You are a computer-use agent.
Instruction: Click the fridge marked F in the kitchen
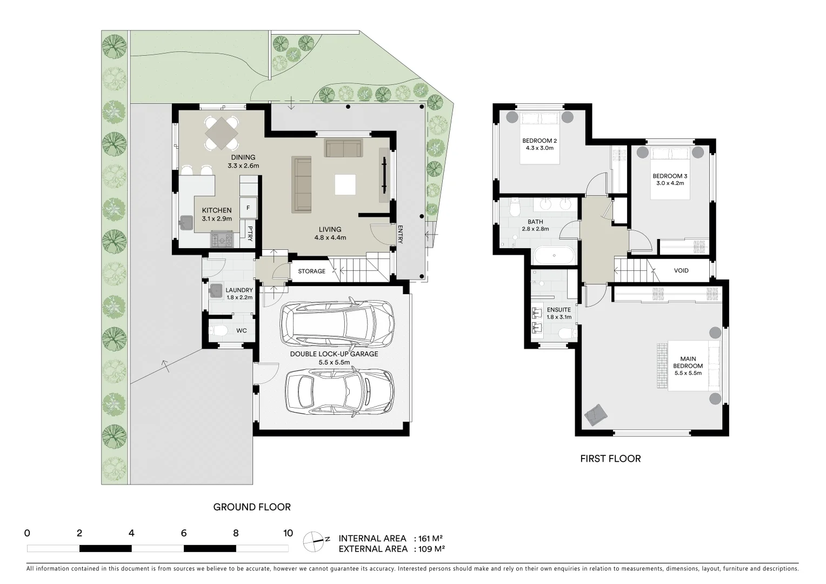pyautogui.click(x=248, y=208)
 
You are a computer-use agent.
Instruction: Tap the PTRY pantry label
pyautogui.click(x=250, y=234)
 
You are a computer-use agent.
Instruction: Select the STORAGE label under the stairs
pyautogui.click(x=311, y=271)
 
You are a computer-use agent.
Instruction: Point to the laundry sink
pyautogui.click(x=216, y=290)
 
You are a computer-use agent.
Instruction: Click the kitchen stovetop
pyautogui.click(x=222, y=240)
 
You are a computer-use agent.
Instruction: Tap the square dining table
pyautogui.click(x=221, y=133)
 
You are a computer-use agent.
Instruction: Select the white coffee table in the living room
pyautogui.click(x=345, y=184)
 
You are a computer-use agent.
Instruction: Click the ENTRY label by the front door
pyautogui.click(x=400, y=234)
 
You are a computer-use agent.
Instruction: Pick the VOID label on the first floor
pyautogui.click(x=681, y=270)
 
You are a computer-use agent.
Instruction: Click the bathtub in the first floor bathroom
pyautogui.click(x=554, y=255)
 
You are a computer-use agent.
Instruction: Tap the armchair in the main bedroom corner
pyautogui.click(x=596, y=415)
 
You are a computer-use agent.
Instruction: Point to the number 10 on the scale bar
pyautogui.click(x=288, y=533)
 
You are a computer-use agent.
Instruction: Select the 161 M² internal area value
pyautogui.click(x=430, y=539)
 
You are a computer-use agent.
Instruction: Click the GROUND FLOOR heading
pyautogui.click(x=252, y=507)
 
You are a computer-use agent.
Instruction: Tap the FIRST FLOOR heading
pyautogui.click(x=611, y=459)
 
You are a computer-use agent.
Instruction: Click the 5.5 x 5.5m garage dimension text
pyautogui.click(x=334, y=362)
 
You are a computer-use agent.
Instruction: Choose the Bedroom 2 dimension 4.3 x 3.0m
pyautogui.click(x=539, y=148)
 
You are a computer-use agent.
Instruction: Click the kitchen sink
pyautogui.click(x=186, y=223)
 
